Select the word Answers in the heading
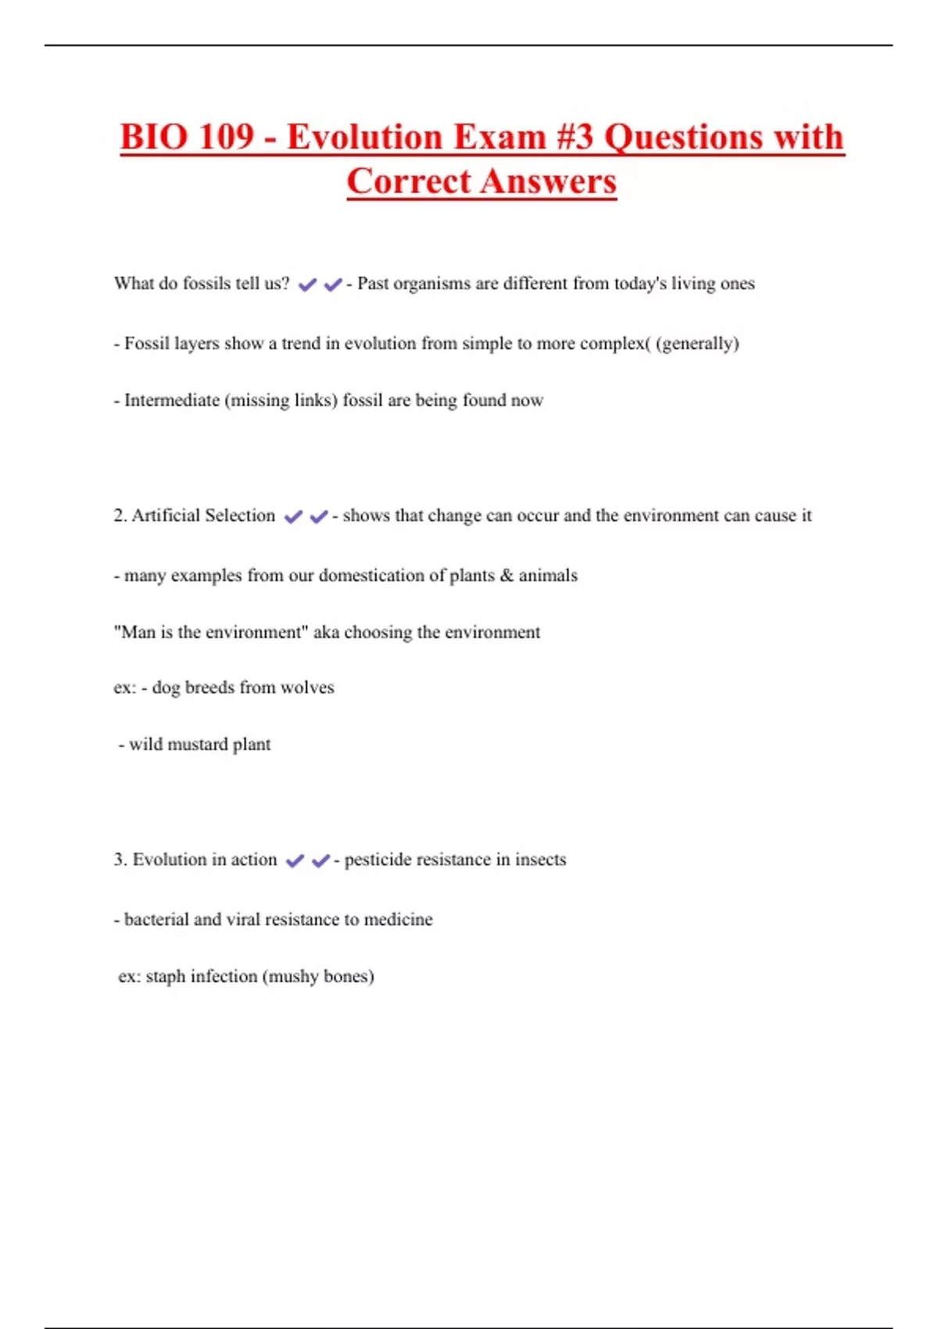[549, 182]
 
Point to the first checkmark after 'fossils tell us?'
[307, 285]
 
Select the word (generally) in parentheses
[697, 343]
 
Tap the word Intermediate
[172, 400]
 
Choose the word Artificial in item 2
[165, 516]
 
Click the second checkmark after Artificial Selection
[319, 517]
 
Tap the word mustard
[199, 744]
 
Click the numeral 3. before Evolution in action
[120, 860]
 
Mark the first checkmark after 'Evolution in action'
[295, 861]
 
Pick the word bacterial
[156, 919]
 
